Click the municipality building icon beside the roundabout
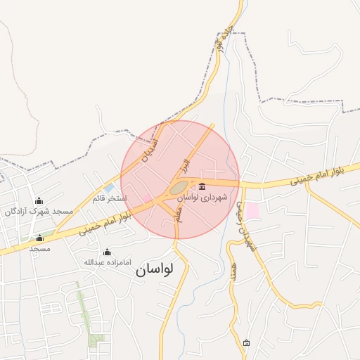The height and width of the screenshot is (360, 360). pyautogui.click(x=202, y=186)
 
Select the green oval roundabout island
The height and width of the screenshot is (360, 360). pyautogui.click(x=179, y=187)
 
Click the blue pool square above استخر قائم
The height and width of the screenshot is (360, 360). pyautogui.click(x=110, y=188)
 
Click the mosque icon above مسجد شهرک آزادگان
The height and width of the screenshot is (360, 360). pyautogui.click(x=39, y=200)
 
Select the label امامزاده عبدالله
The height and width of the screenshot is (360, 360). pyautogui.click(x=107, y=262)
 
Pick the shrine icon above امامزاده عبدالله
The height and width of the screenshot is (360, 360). pyautogui.click(x=107, y=252)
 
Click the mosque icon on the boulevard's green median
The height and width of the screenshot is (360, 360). pyautogui.click(x=39, y=238)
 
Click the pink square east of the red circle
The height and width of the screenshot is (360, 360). pyautogui.click(x=252, y=210)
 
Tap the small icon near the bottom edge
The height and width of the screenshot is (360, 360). pyautogui.click(x=246, y=343)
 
